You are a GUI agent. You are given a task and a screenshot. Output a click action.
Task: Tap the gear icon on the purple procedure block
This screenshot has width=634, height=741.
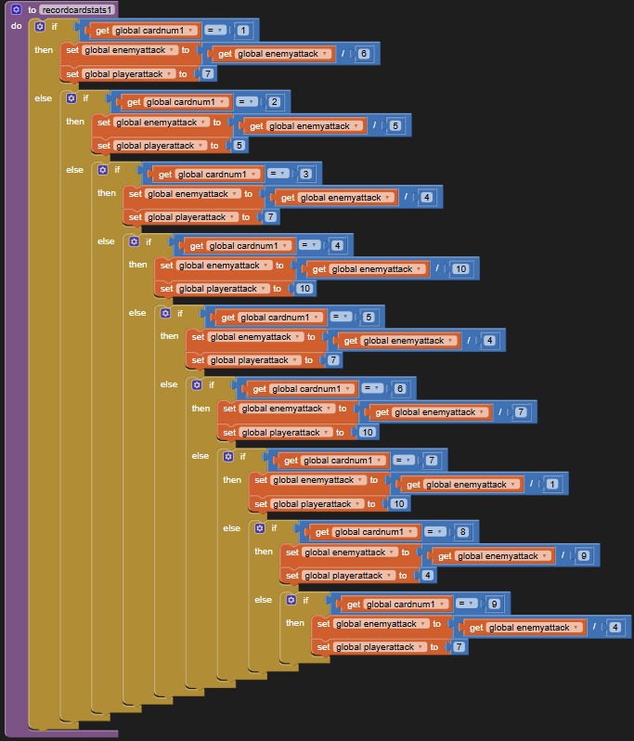coord(16,9)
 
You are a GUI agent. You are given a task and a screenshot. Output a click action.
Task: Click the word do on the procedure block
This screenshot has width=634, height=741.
coord(16,26)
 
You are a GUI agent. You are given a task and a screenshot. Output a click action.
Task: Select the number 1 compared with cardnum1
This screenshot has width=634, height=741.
coord(243,31)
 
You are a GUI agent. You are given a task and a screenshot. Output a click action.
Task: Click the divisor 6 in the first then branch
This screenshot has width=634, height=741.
coord(363,54)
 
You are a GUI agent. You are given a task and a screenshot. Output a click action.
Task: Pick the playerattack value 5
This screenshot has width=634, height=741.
coord(239,146)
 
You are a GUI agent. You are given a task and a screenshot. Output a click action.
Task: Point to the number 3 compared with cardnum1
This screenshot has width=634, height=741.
coord(305,174)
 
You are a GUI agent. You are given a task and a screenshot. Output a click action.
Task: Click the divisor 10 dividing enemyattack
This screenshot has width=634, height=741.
coord(459,269)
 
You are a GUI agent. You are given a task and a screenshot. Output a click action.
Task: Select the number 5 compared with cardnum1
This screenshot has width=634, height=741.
coord(369,318)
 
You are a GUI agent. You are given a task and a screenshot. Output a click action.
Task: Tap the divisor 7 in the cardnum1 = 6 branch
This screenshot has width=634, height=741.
coord(520,411)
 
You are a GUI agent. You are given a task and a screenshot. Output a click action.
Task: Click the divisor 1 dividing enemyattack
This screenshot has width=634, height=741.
coord(551,484)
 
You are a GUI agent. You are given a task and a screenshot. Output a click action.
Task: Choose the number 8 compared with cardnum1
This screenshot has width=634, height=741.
coord(462,532)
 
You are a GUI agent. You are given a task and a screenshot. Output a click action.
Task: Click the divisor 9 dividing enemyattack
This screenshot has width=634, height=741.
coord(583,556)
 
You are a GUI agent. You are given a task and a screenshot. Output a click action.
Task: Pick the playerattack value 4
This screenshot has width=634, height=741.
coord(428,576)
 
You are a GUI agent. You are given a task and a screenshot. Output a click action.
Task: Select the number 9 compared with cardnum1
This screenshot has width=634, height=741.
coord(494,604)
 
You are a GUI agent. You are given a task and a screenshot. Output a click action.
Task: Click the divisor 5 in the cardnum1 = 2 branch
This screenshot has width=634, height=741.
coord(395,125)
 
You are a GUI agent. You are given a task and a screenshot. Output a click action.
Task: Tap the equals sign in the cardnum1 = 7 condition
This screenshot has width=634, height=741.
coord(401,461)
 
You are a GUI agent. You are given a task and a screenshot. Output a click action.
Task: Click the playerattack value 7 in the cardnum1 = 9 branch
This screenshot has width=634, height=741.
coord(459,647)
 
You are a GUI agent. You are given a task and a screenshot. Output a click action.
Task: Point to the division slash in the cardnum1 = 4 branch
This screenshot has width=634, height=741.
coord(436,269)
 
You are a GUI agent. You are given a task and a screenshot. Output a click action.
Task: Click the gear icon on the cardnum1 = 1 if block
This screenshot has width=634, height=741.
coord(39,27)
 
